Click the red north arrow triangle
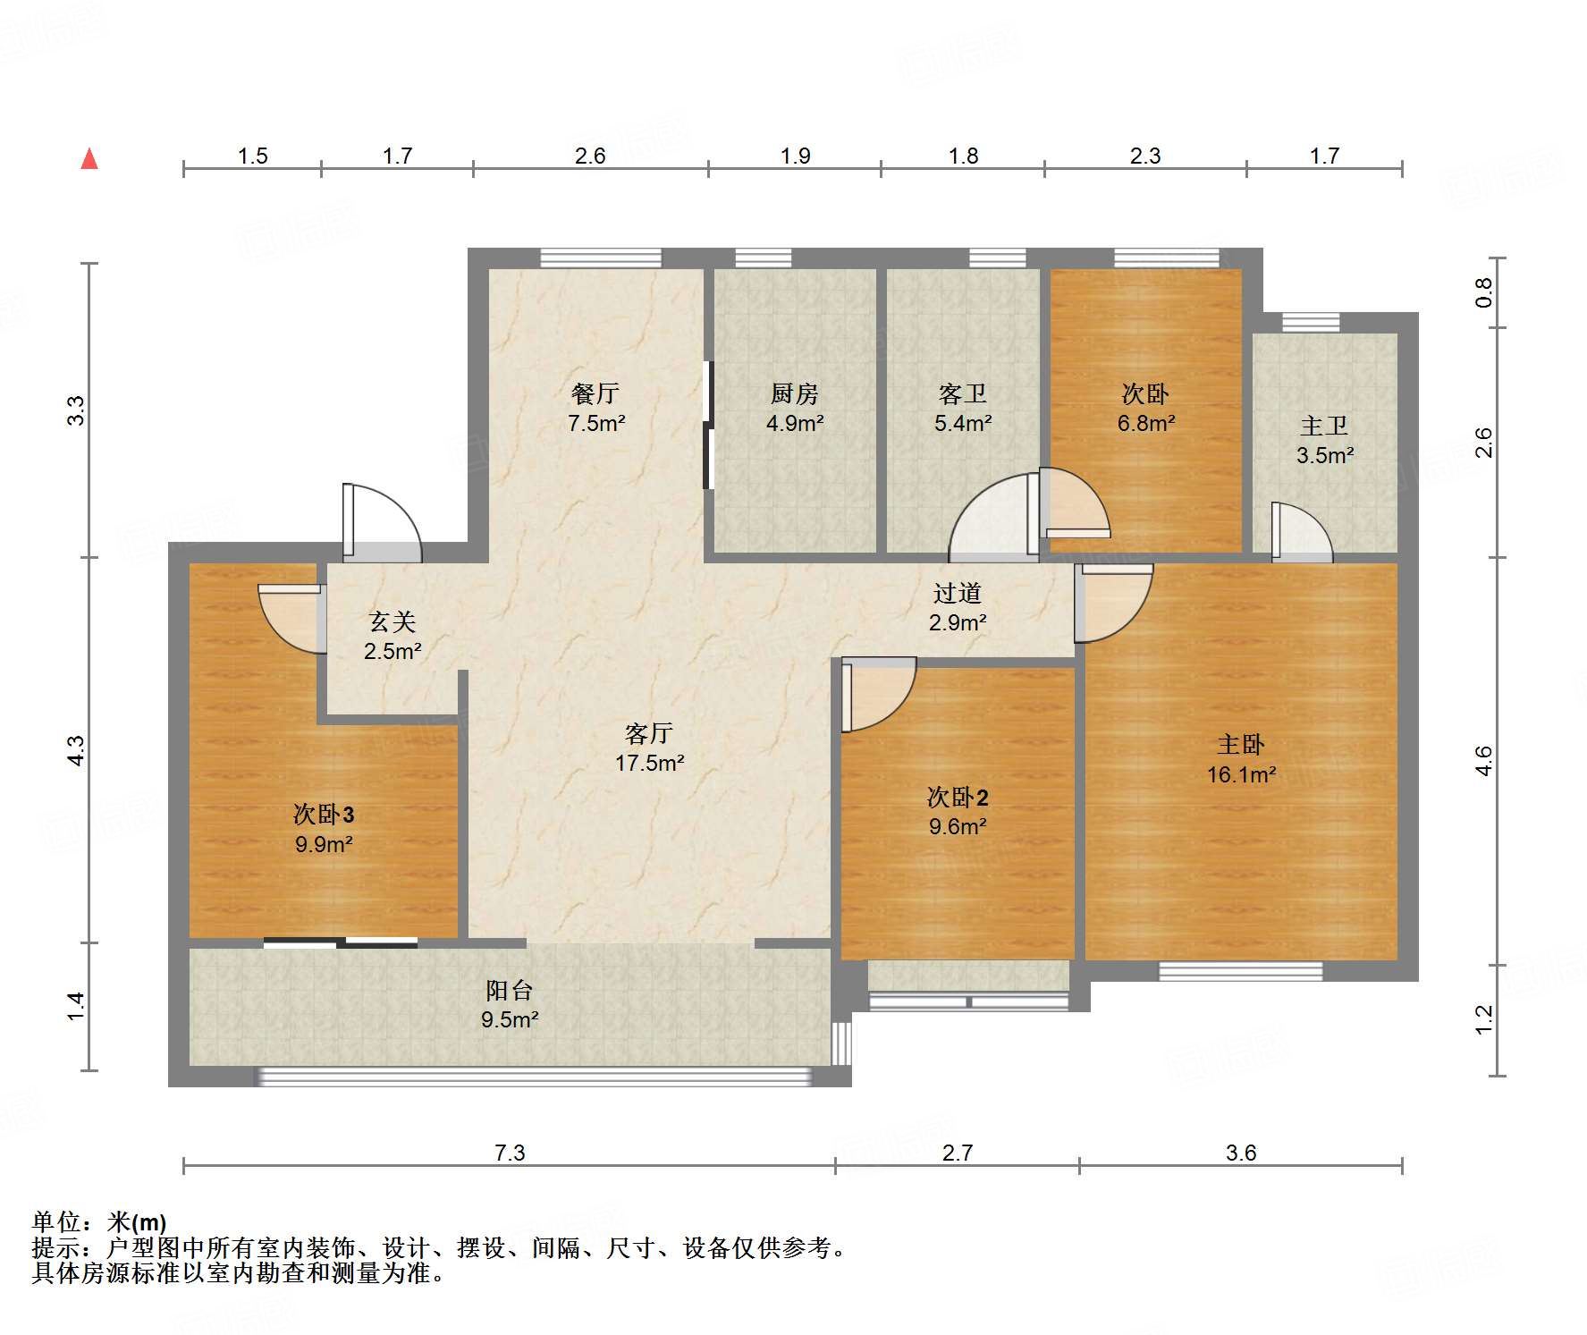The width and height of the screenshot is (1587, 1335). (x=89, y=158)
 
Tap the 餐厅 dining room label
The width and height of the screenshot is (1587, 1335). (x=595, y=393)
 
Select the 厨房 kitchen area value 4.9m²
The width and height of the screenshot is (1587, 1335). (x=795, y=423)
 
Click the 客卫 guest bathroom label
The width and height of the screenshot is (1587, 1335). (x=963, y=393)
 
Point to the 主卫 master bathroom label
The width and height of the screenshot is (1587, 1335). (x=1324, y=426)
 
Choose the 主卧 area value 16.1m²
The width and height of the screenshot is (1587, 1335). (x=1241, y=774)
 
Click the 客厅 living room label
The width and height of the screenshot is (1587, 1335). (x=649, y=733)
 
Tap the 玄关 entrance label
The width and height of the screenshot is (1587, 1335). (x=393, y=621)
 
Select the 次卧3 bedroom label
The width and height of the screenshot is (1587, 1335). (x=324, y=814)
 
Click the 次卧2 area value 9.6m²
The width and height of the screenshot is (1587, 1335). (x=958, y=826)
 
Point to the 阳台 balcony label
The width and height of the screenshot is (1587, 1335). (x=510, y=990)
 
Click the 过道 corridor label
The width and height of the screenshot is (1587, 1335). (x=958, y=593)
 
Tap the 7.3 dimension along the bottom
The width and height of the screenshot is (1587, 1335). (x=510, y=1153)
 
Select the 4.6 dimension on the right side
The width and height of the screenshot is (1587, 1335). (x=1483, y=761)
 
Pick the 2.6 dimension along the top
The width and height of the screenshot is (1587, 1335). (x=590, y=156)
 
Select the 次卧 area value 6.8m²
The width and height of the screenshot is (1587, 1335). (x=1146, y=423)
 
